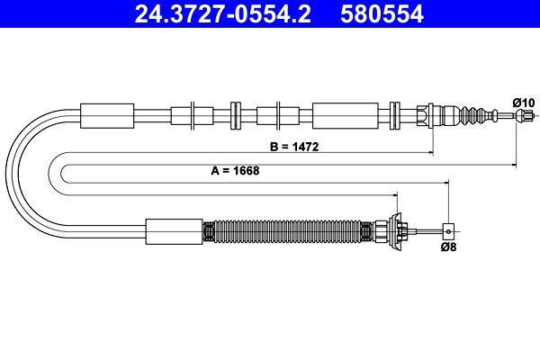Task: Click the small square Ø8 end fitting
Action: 447,229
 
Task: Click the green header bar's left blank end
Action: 45,14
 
